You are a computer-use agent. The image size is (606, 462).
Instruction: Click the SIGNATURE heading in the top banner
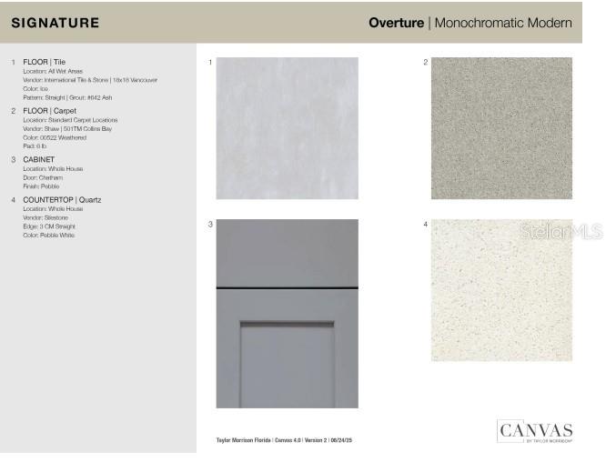coord(55,23)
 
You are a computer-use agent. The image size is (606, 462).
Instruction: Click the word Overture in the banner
coord(396,23)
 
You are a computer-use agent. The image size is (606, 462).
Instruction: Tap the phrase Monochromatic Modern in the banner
coord(503,23)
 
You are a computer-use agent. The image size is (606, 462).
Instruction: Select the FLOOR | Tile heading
coord(44,62)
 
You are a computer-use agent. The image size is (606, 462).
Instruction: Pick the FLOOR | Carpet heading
coord(50,111)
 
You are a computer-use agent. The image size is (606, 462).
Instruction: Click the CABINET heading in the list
coord(38,160)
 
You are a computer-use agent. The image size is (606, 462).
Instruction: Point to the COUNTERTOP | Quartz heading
coord(62,199)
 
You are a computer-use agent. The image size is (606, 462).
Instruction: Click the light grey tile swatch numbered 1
coord(287,128)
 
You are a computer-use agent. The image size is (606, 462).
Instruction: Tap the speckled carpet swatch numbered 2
coord(501,128)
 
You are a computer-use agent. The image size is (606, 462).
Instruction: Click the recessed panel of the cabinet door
coord(287,364)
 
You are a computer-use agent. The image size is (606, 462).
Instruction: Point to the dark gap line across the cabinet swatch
coord(287,288)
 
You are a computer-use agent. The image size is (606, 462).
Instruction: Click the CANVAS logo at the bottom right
coord(534,431)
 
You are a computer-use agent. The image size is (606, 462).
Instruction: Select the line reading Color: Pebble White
coord(48,236)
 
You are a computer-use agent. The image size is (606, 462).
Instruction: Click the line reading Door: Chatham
coord(43,177)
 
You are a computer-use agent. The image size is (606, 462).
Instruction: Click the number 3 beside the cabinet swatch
coord(210,224)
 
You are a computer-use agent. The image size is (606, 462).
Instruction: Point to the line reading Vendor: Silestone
coord(45,217)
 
